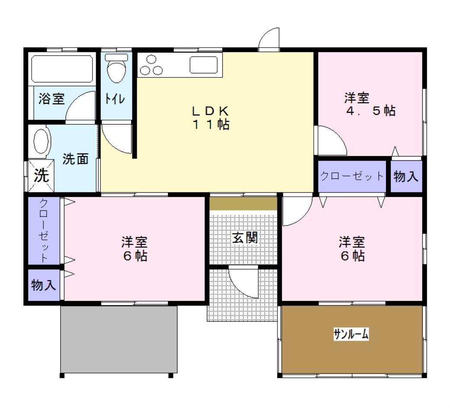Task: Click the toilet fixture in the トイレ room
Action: [116, 68]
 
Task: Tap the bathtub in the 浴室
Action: [62, 69]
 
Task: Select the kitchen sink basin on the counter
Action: [203, 65]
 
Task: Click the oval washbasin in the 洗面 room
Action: [41, 141]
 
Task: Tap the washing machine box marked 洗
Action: [41, 175]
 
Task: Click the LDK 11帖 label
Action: [211, 118]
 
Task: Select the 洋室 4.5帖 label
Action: [370, 104]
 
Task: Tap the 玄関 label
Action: [245, 238]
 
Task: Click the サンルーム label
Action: [351, 334]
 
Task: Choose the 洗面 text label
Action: [75, 159]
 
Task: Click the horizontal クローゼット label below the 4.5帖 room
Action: [352, 176]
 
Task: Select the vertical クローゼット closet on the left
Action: [44, 230]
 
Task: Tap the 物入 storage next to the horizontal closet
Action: [406, 176]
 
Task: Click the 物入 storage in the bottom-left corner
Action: [44, 285]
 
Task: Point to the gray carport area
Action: [119, 339]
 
